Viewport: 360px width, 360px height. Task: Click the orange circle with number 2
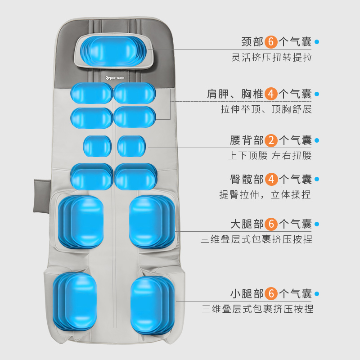click(x=271, y=140)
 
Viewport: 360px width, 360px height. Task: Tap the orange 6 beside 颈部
click(x=271, y=42)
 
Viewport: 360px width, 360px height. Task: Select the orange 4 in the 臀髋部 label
click(x=271, y=179)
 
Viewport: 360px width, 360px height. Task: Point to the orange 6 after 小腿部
click(x=271, y=294)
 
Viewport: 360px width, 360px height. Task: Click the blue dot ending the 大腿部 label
click(x=316, y=224)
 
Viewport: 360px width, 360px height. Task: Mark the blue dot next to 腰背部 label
click(x=316, y=140)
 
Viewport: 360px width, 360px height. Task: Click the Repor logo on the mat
click(x=112, y=78)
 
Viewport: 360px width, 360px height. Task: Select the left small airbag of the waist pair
click(x=97, y=146)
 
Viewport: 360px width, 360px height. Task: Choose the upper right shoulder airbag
click(x=135, y=93)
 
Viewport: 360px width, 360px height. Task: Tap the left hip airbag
click(x=92, y=176)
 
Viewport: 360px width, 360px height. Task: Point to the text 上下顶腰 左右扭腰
click(x=270, y=156)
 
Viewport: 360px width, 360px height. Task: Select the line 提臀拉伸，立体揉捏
click(x=265, y=195)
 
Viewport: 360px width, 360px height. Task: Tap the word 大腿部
click(x=247, y=224)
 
